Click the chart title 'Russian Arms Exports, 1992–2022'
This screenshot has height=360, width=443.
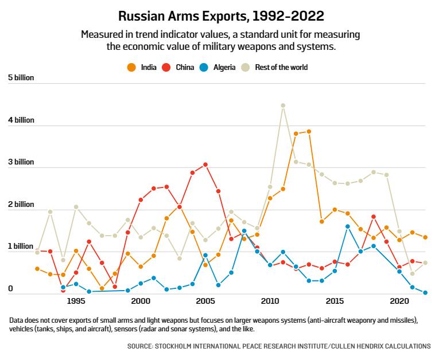pos(221,14)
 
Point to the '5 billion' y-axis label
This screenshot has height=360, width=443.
pos(21,77)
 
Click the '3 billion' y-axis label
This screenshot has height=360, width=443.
pos(21,162)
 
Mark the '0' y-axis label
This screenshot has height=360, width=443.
pos(10,289)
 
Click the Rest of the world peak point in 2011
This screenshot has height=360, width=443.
pos(283,105)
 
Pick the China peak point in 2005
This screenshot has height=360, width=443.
pos(205,165)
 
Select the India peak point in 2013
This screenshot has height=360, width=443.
pos(309,131)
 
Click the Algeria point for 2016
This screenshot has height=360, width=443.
pos(348,226)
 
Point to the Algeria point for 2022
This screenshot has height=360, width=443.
pos(425,293)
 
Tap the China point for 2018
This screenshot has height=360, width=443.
pos(374,217)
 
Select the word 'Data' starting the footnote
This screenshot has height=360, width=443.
pos(17,319)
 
